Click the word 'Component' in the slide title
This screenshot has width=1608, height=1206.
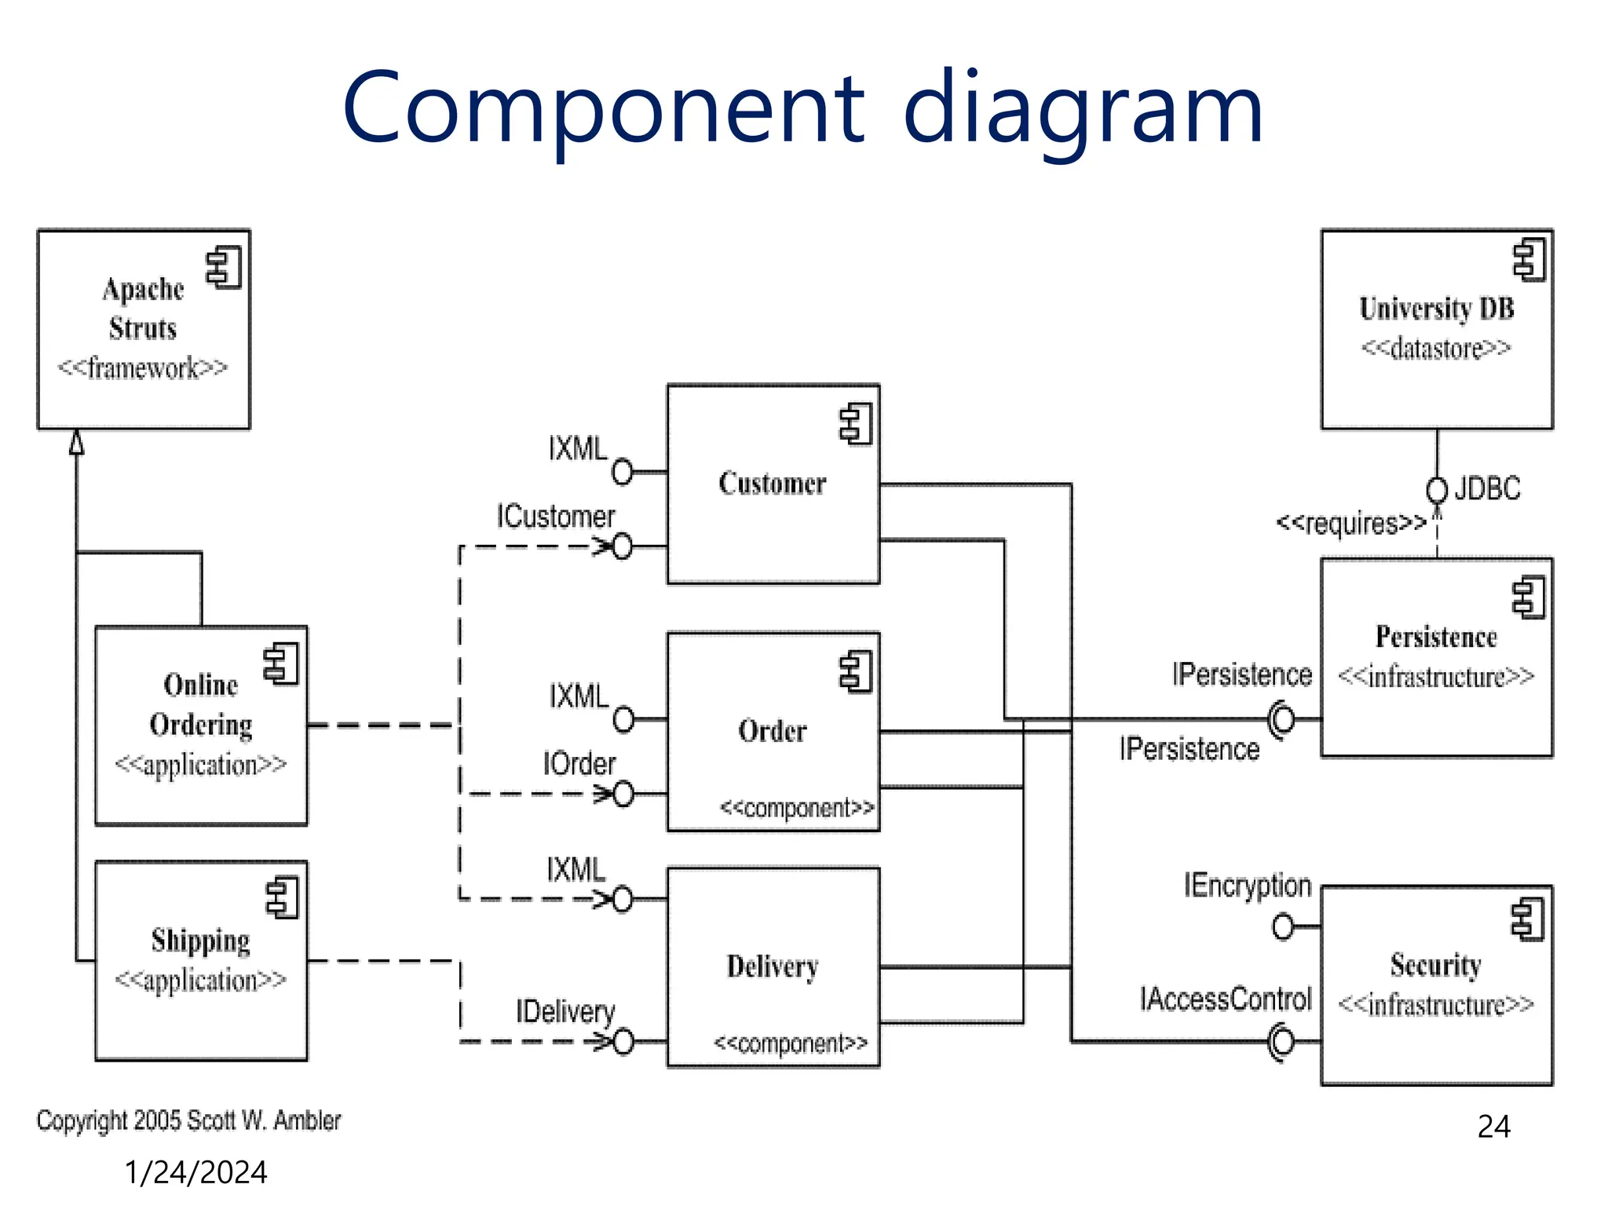point(604,110)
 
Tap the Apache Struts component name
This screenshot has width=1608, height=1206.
point(143,309)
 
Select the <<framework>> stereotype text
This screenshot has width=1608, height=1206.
point(143,367)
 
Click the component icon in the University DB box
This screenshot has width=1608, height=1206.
point(1529,260)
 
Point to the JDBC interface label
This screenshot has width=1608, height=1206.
point(1487,488)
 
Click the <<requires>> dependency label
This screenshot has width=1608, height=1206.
point(1350,523)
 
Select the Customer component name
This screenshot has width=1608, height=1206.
point(773,484)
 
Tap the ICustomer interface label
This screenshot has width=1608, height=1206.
point(555,517)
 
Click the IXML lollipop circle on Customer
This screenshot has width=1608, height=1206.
point(623,472)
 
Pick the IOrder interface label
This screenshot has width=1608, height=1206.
point(579,764)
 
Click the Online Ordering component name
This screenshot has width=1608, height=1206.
point(201,704)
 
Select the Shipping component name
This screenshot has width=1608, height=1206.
point(201,941)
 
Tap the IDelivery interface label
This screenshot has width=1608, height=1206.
point(565,1011)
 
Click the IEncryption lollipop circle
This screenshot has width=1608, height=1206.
point(1283,926)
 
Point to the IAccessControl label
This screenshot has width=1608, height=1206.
point(1226,999)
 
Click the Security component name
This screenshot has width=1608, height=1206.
point(1435,965)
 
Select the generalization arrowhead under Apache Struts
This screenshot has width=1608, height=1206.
point(76,443)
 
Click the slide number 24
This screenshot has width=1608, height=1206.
point(1493,1127)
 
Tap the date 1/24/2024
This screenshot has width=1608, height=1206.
point(196,1172)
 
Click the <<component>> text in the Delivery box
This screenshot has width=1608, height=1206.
point(791,1043)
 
